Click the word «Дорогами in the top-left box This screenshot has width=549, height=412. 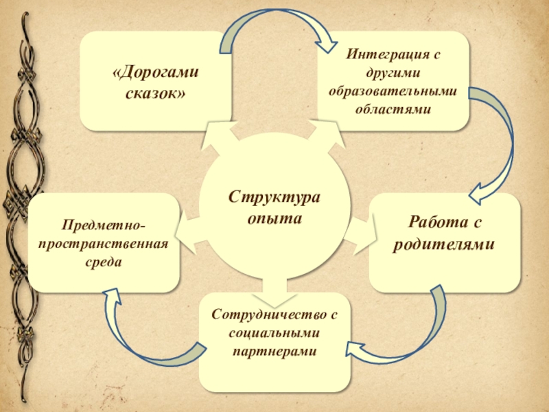click(156, 73)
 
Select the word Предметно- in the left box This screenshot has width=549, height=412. click(104, 226)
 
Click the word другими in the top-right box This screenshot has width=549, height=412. click(393, 72)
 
